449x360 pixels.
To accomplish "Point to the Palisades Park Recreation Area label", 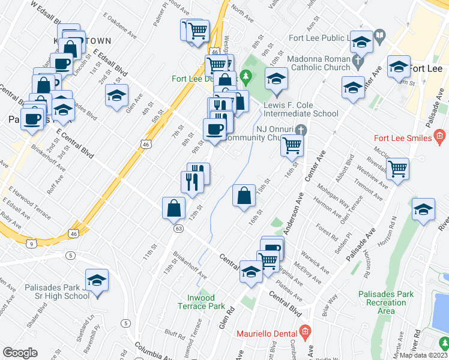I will [x=386, y=302].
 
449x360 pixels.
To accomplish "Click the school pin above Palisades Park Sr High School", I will [x=97, y=281].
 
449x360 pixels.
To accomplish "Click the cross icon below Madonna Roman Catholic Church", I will [x=358, y=61].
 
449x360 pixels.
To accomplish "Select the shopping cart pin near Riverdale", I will [x=397, y=169].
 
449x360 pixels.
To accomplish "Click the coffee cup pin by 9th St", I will [x=214, y=130].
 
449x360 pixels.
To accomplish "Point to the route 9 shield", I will [x=30, y=242].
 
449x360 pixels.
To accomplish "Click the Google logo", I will [x=20, y=353].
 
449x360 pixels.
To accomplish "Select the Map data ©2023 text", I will [x=424, y=355].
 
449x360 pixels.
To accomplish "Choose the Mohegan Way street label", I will [x=331, y=193].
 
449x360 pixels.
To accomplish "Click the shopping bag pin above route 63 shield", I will [x=173, y=208].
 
